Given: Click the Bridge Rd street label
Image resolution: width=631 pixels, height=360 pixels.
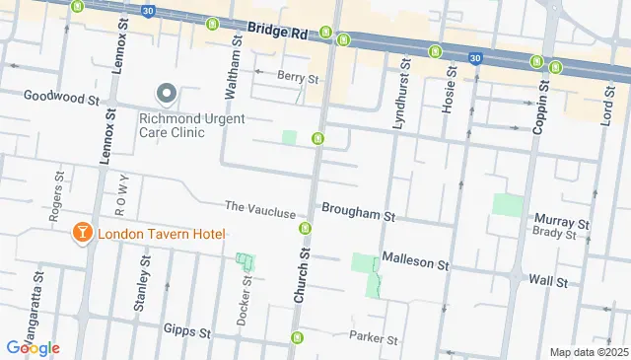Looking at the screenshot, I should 278,32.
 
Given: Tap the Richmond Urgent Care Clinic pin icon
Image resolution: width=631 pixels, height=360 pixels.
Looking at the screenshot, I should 167,95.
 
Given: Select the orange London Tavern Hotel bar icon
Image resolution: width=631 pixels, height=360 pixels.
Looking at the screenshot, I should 82,234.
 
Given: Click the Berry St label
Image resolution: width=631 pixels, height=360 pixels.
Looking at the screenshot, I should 299,78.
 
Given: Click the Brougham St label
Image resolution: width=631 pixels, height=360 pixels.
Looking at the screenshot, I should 357,214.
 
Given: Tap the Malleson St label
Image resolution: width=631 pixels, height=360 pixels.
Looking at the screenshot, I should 414,265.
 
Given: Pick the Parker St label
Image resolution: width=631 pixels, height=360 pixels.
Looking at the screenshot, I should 373,337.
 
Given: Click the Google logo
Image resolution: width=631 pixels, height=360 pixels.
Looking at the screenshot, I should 33,348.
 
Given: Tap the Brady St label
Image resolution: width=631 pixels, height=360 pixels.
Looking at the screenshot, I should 553,234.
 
